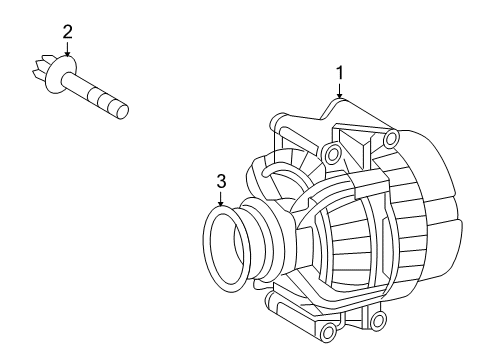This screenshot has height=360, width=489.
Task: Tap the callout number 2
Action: tap(67, 32)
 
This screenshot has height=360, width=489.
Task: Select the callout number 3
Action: tap(222, 181)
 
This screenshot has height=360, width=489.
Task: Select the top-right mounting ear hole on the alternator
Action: tap(390, 137)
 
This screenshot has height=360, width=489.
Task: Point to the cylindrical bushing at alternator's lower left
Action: tap(290, 320)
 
